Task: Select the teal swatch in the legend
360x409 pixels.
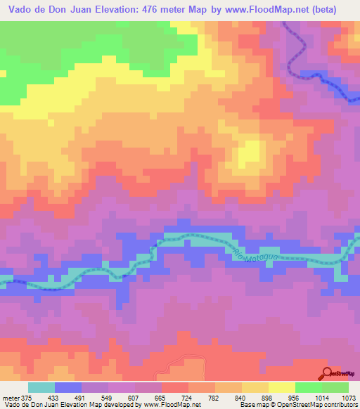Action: (41, 387)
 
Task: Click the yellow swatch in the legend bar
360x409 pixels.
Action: (281, 387)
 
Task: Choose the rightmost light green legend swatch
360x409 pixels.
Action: (335, 387)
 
